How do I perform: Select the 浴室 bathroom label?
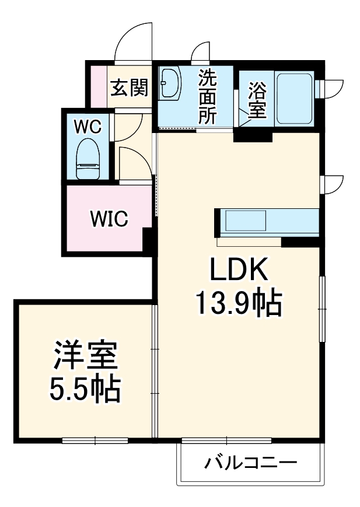coord(257,100)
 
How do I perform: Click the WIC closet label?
coord(109,219)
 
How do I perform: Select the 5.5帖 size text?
coord(85,389)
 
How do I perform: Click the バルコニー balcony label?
coord(250,464)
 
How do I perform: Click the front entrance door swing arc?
coord(134,41)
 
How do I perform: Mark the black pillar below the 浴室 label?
coord(253,137)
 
